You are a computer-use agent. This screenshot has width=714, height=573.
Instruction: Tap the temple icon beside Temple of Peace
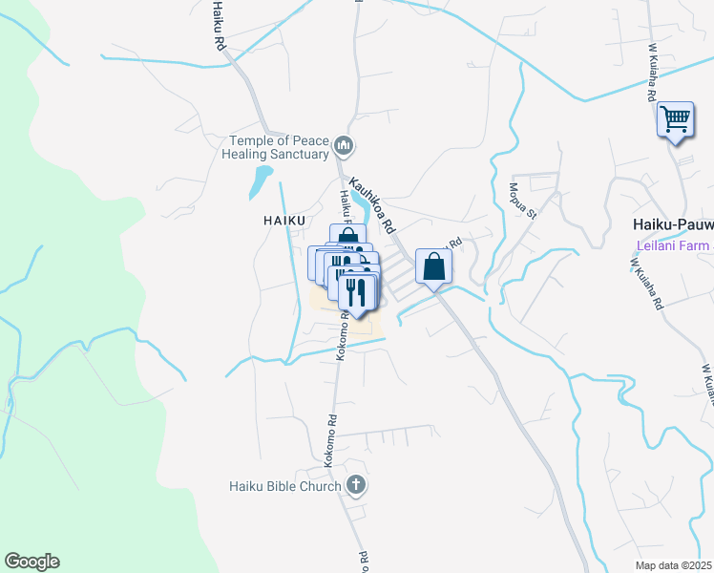pos(345,147)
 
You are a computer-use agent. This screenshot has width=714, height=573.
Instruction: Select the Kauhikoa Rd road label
pos(372,204)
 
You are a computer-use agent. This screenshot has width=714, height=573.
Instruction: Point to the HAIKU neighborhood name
pos(284,221)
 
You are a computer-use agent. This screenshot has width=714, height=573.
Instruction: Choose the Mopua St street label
pos(523,201)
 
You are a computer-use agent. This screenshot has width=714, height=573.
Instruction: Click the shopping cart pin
pos(675,121)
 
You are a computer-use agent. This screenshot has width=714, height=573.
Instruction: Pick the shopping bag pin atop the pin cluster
pos(347,235)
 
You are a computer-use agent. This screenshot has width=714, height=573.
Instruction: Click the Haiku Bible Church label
pos(284,486)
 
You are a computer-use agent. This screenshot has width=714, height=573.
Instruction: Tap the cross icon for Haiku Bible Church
pos(356,485)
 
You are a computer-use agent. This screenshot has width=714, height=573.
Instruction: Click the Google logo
pos(31,562)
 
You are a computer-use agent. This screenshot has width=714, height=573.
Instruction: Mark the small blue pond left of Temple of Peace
pos(261,180)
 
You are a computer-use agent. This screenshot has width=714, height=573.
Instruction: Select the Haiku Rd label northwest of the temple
pos(219,32)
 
